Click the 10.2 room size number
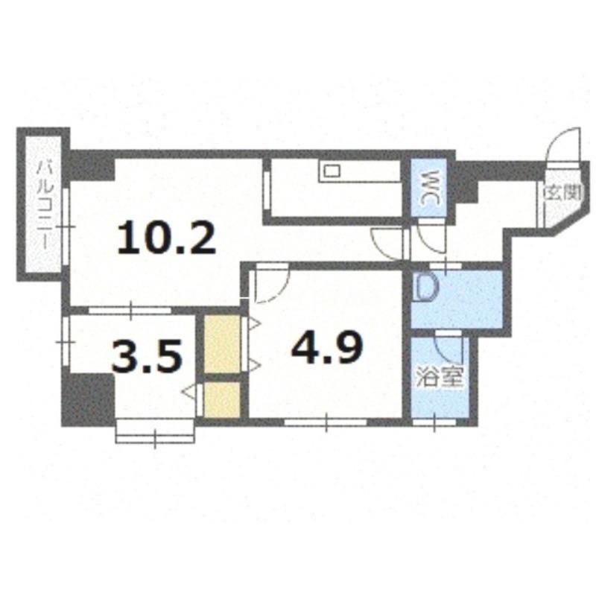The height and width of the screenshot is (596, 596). [167, 238]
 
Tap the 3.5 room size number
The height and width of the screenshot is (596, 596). [146, 356]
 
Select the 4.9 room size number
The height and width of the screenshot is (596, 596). [327, 346]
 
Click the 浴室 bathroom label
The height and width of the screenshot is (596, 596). [440, 377]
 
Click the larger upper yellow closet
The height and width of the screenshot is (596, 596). [222, 344]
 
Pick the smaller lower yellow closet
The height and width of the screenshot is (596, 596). [222, 399]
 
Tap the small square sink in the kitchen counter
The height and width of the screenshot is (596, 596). [332, 171]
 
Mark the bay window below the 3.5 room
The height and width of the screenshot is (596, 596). [155, 431]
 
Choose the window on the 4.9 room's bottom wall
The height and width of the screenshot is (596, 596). [326, 422]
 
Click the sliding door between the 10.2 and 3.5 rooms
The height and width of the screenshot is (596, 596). [130, 310]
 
